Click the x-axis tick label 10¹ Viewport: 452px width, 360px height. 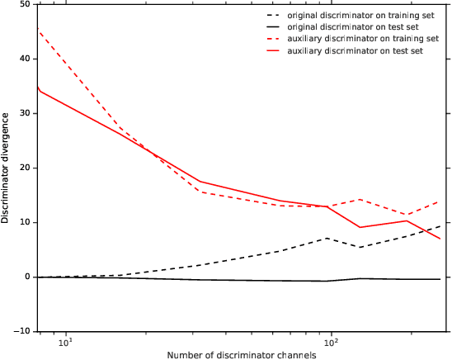click(66, 342)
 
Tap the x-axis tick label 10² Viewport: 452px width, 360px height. click(332, 342)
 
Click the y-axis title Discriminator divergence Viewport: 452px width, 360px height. click(7, 168)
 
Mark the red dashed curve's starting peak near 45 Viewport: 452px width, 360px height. click(39, 30)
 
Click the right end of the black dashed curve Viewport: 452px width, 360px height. click(440, 226)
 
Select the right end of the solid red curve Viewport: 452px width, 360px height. click(440, 239)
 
